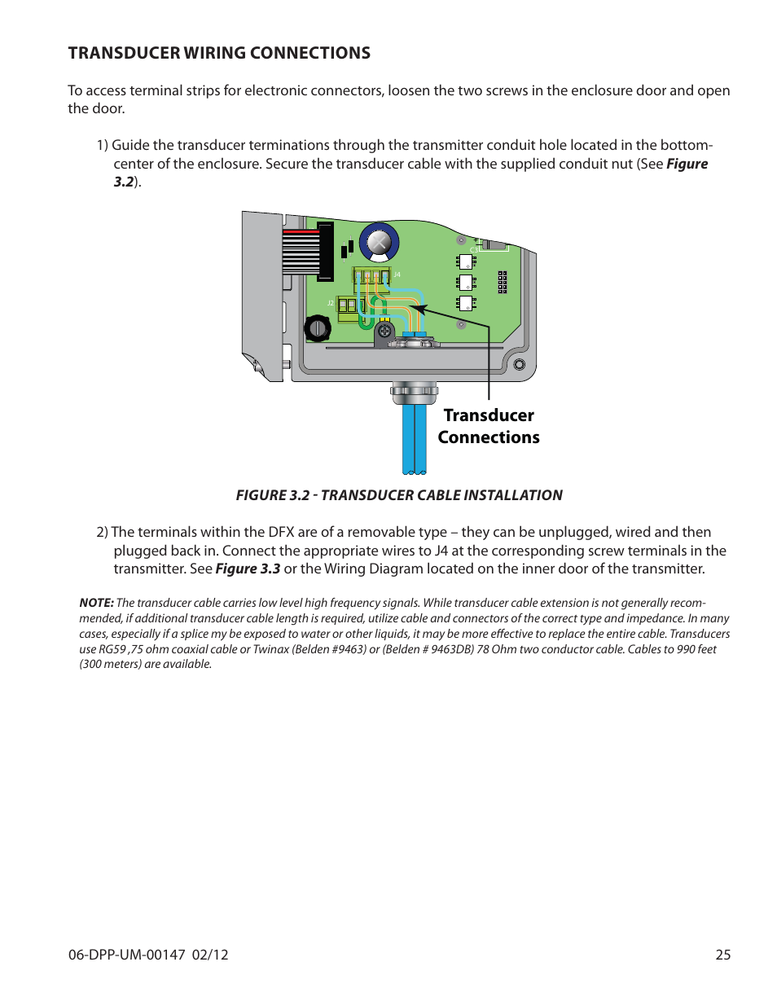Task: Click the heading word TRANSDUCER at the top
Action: point(124,53)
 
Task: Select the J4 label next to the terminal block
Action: point(397,275)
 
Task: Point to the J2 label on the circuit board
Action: point(331,303)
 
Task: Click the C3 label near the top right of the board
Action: point(473,248)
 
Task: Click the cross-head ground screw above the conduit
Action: point(384,331)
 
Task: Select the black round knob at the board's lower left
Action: point(316,329)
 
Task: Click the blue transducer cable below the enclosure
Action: point(414,440)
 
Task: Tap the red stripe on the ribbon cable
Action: point(301,232)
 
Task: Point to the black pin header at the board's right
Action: point(503,282)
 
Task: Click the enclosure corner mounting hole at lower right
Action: point(519,365)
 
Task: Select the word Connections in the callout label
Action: point(489,437)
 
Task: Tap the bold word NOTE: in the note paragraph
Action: point(96,603)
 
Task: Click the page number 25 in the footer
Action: point(722,955)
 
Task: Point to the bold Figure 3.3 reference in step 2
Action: point(248,569)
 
